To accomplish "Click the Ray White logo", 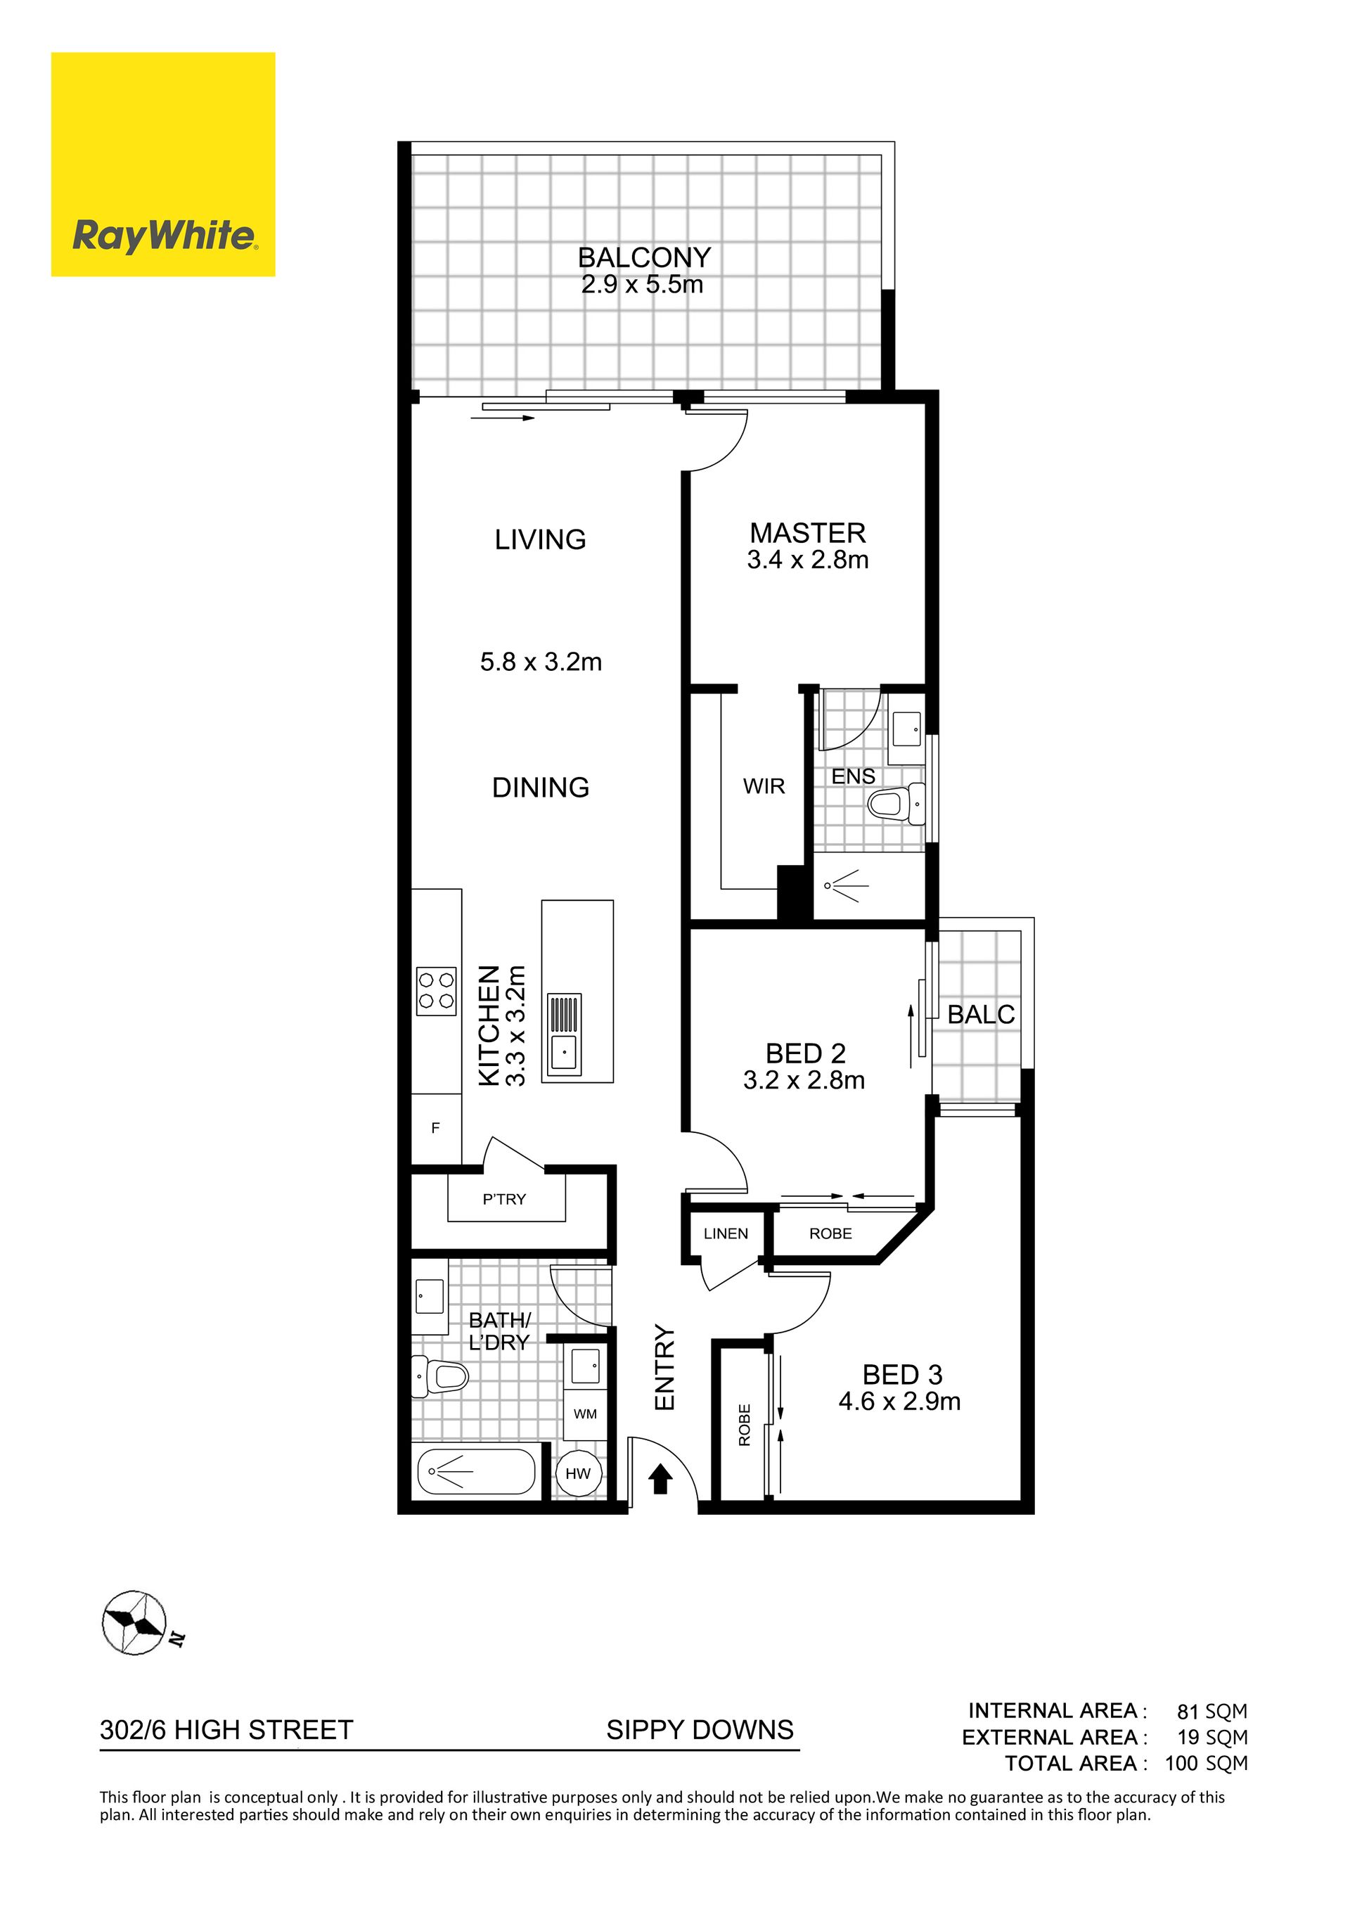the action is (x=163, y=164).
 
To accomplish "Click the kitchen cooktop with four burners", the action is (x=437, y=991).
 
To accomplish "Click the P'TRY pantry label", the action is (x=504, y=1200).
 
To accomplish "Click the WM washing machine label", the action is (x=585, y=1414).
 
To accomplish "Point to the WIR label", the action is (x=764, y=786).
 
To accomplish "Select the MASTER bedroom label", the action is (x=808, y=532).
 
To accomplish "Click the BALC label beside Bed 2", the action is (x=982, y=1014).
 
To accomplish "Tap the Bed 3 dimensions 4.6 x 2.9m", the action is (x=899, y=1402).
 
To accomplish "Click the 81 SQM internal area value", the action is (x=1212, y=1711).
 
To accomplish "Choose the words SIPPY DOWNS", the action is (x=700, y=1729).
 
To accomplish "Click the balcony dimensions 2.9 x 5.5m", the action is (x=642, y=285).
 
